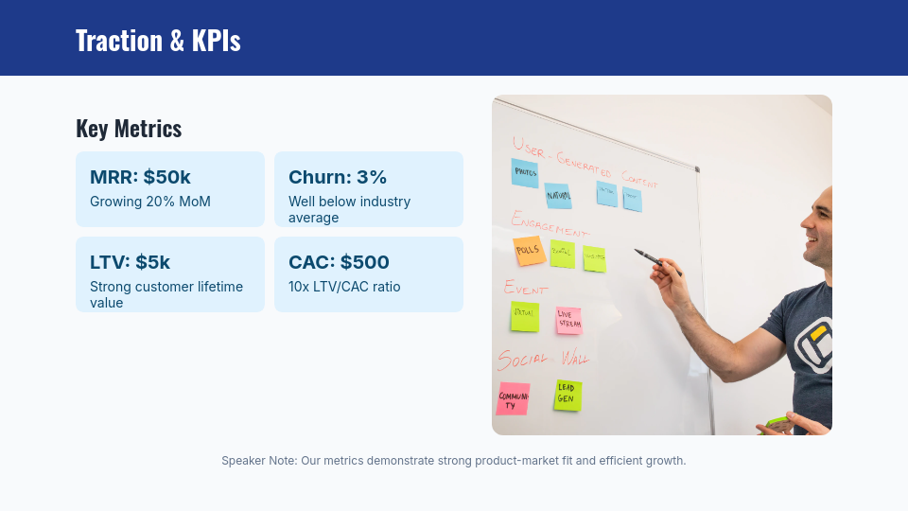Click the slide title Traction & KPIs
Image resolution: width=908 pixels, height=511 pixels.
[158, 41]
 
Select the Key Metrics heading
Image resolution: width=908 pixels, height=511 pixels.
[129, 129]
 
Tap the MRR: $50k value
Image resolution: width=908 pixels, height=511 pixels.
[140, 177]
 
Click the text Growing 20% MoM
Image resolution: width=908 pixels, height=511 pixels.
[150, 202]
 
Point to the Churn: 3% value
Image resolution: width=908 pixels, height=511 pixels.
[338, 177]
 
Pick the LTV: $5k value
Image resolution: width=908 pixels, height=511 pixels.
[131, 262]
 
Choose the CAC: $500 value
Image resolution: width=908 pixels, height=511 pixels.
[339, 262]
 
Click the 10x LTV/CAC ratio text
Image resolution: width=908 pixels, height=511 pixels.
[344, 287]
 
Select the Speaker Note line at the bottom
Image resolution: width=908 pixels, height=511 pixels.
[453, 461]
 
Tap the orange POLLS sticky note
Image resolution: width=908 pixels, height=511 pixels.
[529, 251]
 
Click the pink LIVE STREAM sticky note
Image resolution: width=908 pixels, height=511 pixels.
[568, 320]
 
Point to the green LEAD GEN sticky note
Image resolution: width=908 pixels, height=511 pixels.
[567, 395]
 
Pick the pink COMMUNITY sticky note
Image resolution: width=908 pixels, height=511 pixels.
[513, 399]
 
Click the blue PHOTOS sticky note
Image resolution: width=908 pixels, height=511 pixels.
[525, 172]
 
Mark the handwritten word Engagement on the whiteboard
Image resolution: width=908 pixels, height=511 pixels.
[549, 225]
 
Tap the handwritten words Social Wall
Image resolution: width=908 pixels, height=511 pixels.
[543, 359]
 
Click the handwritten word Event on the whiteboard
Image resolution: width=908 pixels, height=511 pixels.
[526, 287]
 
